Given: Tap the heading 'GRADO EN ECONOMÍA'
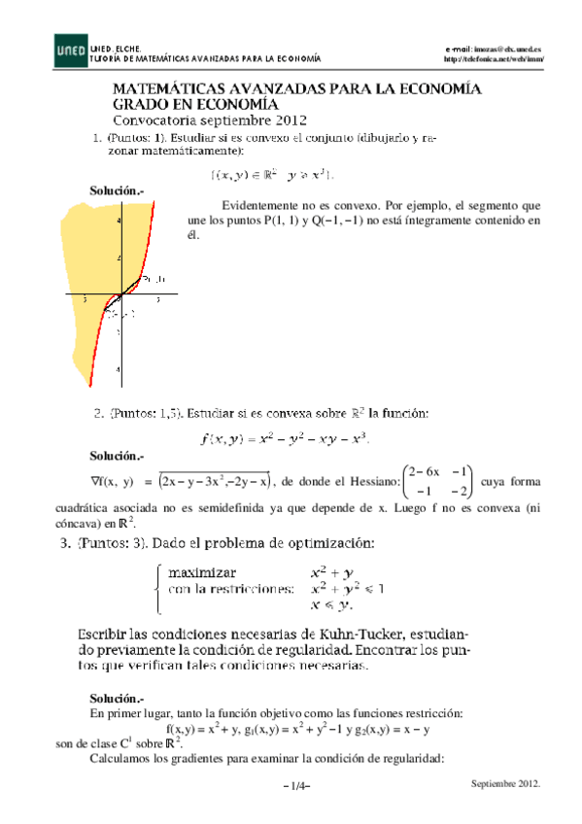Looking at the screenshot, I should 195,104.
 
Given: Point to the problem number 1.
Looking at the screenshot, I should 95,138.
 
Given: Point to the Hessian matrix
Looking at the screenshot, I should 438,481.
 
